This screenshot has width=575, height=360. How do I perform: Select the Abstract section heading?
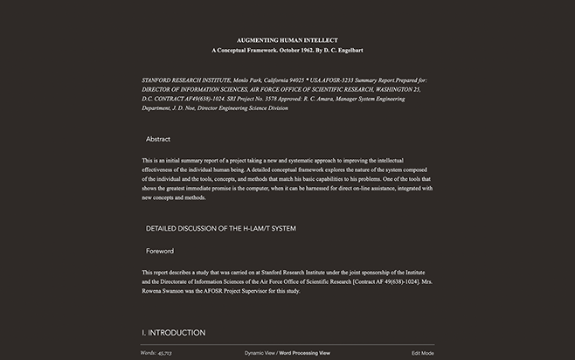tap(158, 139)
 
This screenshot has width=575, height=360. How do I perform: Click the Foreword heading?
tap(160, 251)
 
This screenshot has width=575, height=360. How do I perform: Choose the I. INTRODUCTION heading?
tap(174, 333)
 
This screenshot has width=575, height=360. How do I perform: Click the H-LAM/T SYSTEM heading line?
tap(221, 228)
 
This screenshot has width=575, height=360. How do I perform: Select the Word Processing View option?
tap(304, 353)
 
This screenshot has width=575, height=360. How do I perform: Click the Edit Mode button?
tap(423, 353)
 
